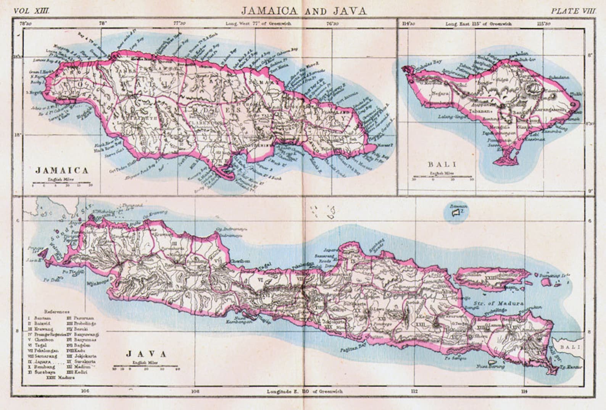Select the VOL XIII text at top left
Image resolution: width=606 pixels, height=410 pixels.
(x=32, y=11)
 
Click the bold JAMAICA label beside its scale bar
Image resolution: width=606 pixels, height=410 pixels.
(x=62, y=170)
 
